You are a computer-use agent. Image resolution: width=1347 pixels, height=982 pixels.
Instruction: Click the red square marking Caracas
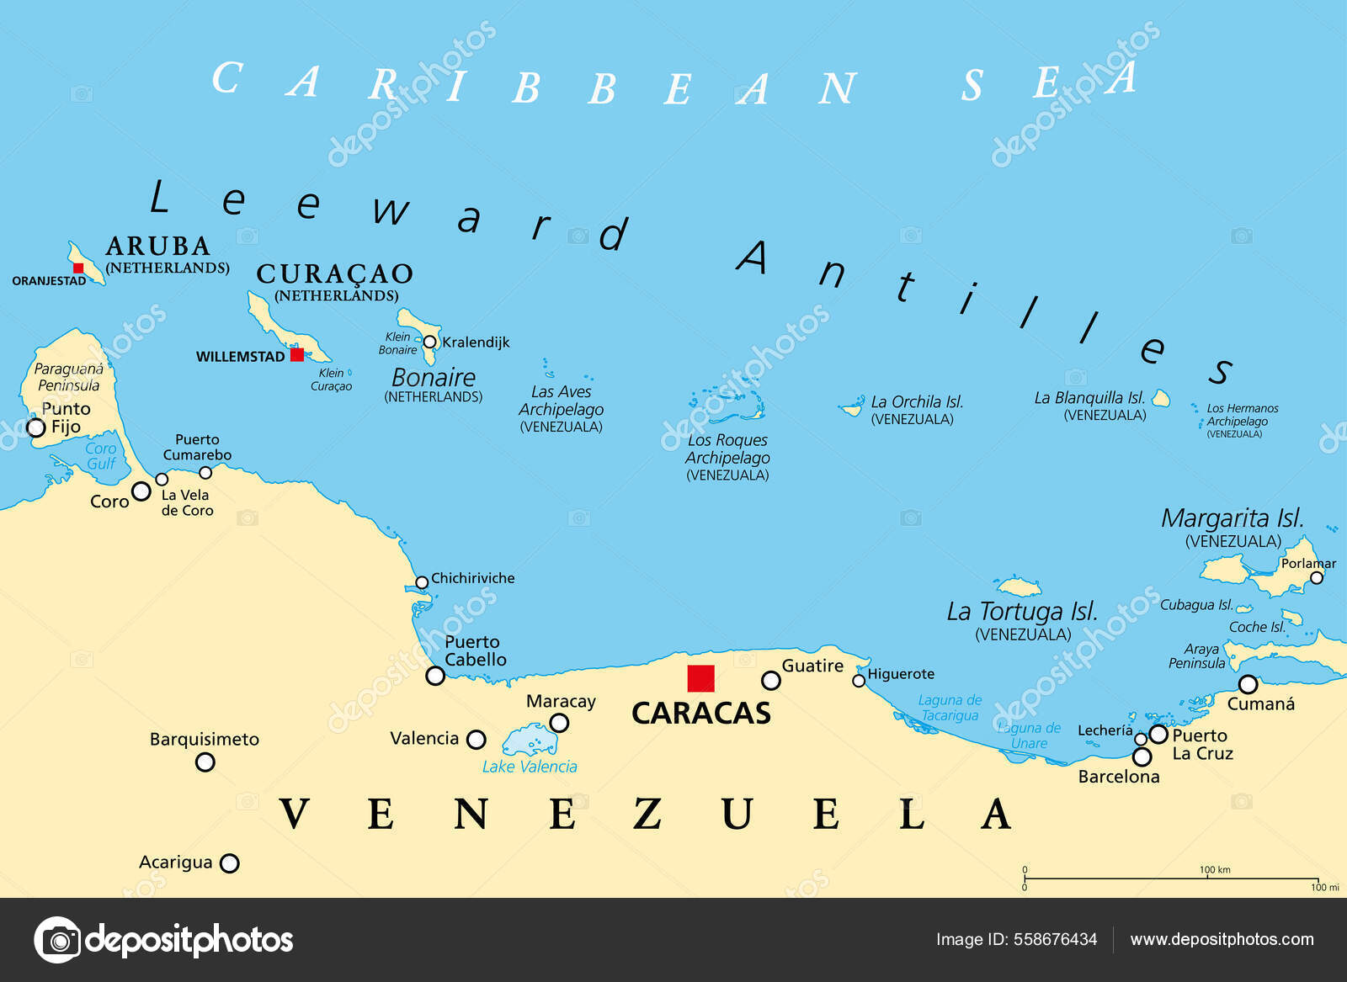(x=700, y=678)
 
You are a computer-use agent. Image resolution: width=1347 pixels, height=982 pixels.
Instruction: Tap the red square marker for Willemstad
(x=296, y=355)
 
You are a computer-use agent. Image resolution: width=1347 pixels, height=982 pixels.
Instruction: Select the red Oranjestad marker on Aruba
(x=78, y=268)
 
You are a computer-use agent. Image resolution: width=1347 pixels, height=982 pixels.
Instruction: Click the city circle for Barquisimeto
(x=205, y=762)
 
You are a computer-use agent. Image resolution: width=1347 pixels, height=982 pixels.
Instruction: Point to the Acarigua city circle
(x=229, y=863)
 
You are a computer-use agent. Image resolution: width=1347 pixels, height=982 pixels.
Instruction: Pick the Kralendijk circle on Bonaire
(x=429, y=342)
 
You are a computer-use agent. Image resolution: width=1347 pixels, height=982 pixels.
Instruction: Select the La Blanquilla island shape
(x=1161, y=398)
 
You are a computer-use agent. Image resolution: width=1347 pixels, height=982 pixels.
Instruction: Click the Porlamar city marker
(x=1317, y=578)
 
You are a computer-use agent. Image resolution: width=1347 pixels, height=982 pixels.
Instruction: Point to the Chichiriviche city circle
(x=422, y=582)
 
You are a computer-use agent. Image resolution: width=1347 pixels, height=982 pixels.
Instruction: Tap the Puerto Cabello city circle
(x=435, y=676)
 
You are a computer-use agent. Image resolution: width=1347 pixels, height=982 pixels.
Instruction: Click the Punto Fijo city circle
(x=36, y=427)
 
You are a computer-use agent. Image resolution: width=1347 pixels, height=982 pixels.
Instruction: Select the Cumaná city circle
(x=1248, y=684)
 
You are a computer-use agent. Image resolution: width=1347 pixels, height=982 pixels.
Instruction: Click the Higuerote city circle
(x=859, y=680)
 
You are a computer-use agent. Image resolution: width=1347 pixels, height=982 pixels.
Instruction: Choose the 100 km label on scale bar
(x=1214, y=870)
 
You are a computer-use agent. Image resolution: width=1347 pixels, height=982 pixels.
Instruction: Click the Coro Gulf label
(x=100, y=456)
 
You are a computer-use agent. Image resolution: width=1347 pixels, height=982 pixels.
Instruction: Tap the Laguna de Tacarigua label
(x=950, y=708)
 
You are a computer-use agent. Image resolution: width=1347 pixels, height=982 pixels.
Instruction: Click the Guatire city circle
(x=770, y=680)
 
